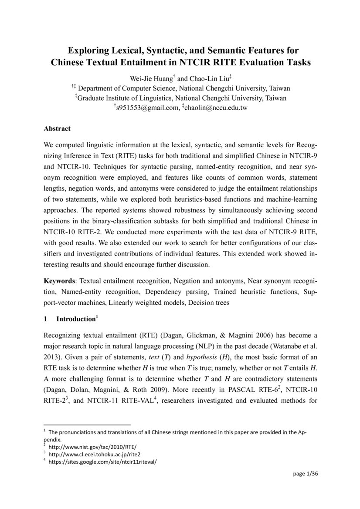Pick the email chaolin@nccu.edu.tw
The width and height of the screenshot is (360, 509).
pos(215,108)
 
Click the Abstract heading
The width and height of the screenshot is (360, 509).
pos(57,129)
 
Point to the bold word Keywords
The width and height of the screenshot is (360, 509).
pos(61,281)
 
